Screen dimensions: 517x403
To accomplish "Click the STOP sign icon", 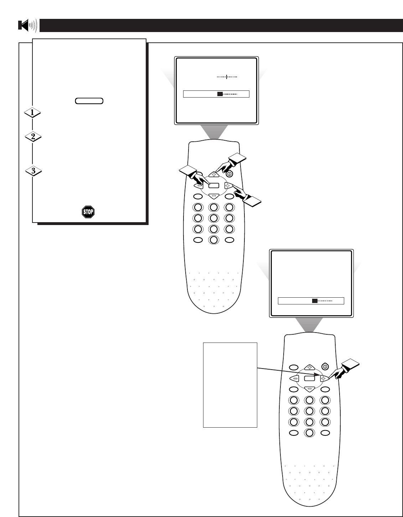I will [x=88, y=213].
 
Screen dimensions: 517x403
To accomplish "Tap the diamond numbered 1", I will [x=32, y=113].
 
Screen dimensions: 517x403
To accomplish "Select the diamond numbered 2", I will [x=32, y=136].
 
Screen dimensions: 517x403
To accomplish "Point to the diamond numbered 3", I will [x=33, y=171].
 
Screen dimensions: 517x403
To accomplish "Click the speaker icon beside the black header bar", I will [x=27, y=26].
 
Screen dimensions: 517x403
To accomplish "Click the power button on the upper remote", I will [x=229, y=174].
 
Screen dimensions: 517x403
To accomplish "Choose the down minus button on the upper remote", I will [x=213, y=195].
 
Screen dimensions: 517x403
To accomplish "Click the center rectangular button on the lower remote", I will [x=309, y=378].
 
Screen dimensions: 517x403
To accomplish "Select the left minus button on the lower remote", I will [x=294, y=378].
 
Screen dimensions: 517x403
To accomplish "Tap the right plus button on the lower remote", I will [x=323, y=378].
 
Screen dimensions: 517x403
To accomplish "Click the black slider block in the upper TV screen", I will [x=220, y=94].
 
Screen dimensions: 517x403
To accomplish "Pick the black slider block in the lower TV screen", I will [x=315, y=301].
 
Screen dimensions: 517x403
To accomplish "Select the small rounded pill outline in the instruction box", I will [x=89, y=101].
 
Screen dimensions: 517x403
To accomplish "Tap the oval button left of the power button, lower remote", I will [x=294, y=367].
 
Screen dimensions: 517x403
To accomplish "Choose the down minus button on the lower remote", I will [x=309, y=388].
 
